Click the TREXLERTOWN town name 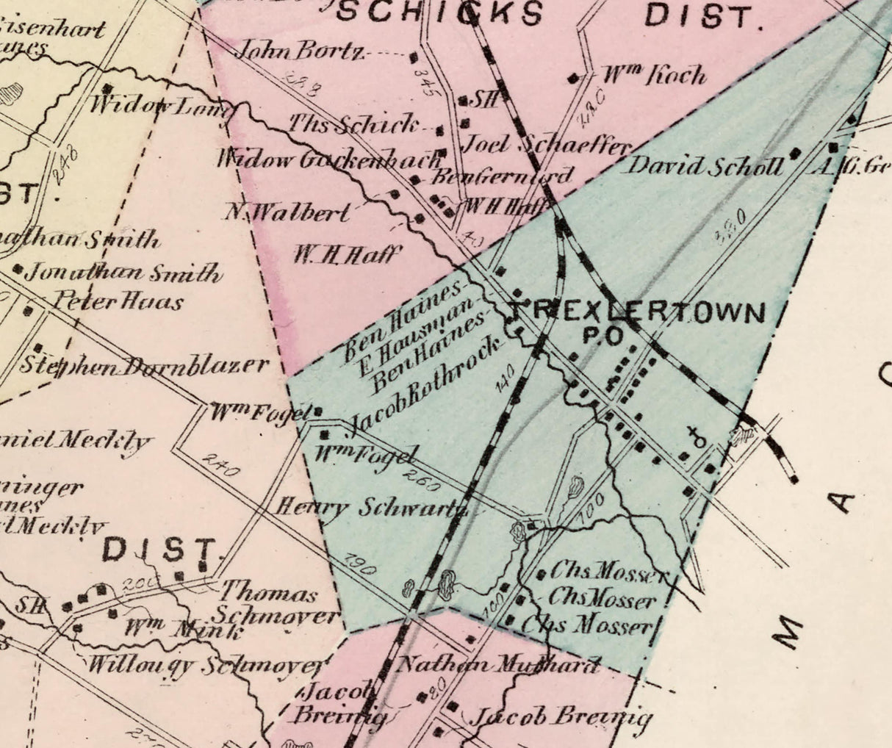636,312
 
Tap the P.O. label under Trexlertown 603,336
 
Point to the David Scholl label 704,166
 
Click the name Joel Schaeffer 547,144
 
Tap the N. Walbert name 287,212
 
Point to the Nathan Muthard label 497,666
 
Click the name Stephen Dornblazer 143,365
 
